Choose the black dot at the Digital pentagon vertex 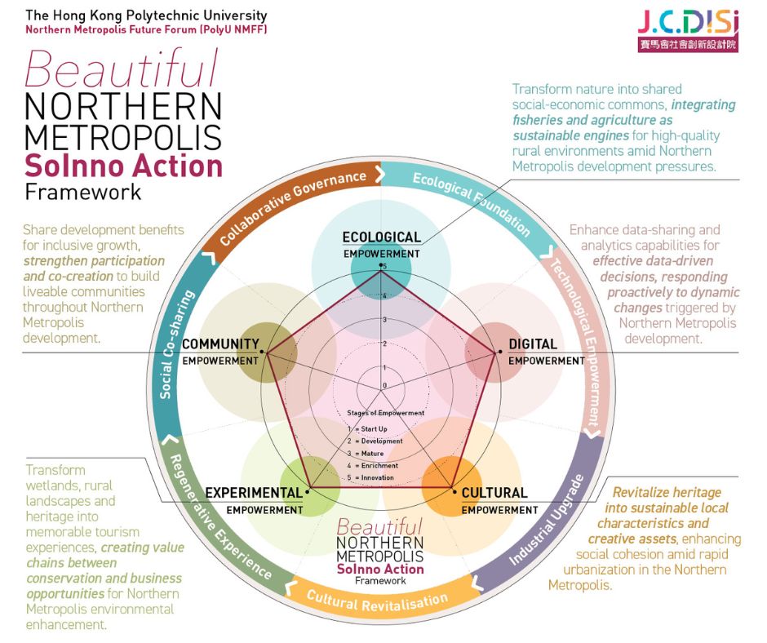click(x=499, y=352)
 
